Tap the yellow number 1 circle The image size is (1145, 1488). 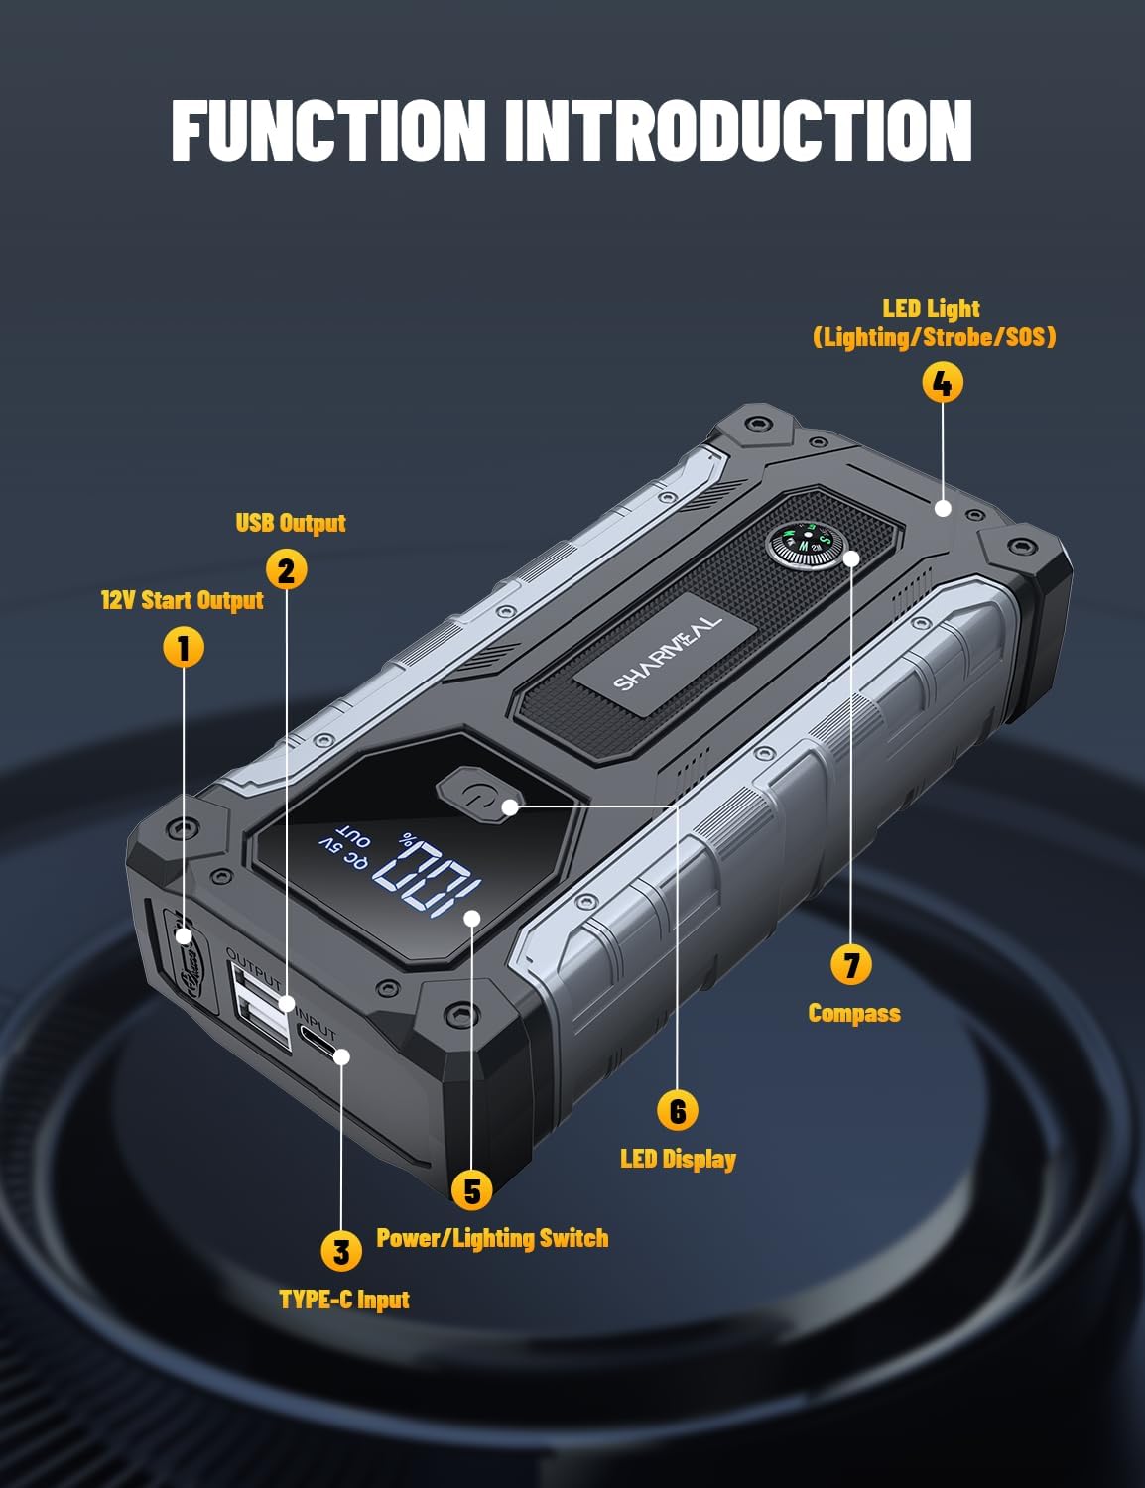point(183,648)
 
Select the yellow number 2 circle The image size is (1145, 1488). point(287,570)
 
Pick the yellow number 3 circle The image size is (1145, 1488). point(340,1251)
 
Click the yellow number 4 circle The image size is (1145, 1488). point(942,382)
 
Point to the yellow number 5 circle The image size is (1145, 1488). point(471,1190)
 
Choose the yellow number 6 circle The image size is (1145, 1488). point(678,1110)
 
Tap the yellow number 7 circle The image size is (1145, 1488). point(851,964)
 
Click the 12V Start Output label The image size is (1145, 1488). point(183,600)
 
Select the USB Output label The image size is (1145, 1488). point(291,523)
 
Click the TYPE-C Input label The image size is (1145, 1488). point(344,1300)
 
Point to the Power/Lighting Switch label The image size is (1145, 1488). point(492,1238)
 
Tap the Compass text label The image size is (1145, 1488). point(854,1013)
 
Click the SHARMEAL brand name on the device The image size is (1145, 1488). point(667,651)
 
